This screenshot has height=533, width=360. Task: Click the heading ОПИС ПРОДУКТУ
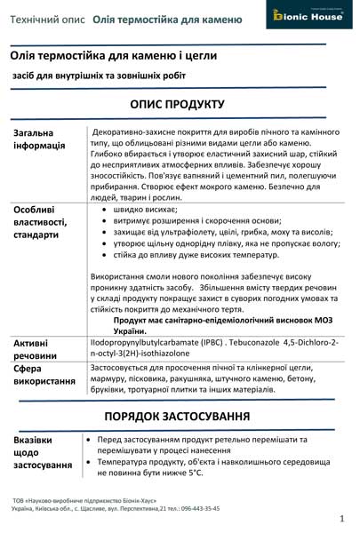[180, 103]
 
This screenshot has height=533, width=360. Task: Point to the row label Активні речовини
[37, 348]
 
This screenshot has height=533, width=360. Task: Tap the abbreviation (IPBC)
[201, 341]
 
